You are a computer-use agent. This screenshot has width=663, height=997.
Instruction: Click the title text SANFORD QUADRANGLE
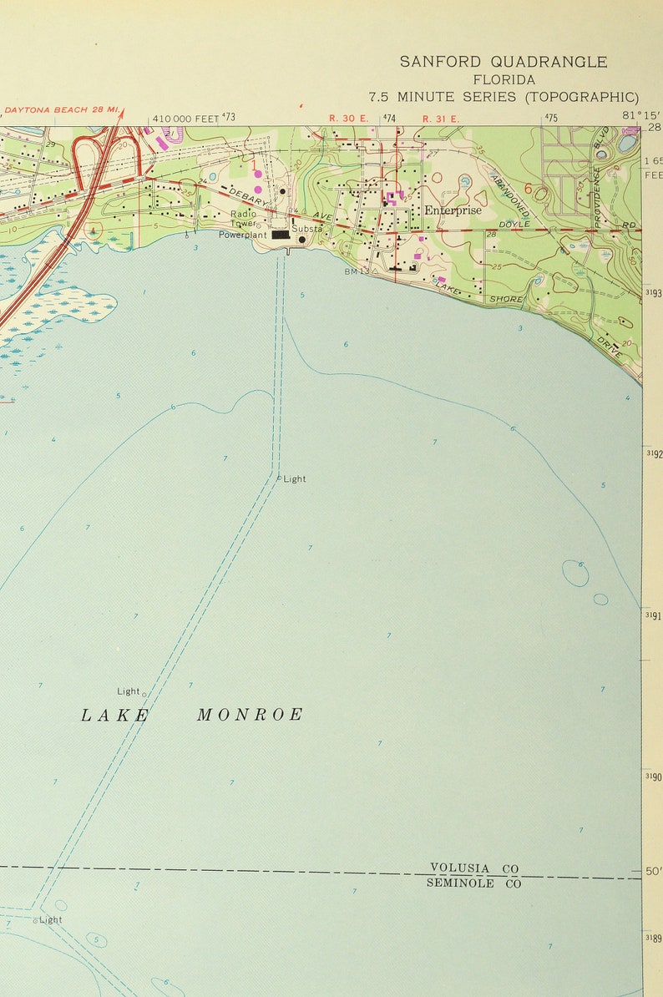(504, 62)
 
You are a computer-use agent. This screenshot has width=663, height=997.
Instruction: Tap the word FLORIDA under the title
(504, 80)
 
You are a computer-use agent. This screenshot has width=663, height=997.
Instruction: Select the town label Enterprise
(453, 210)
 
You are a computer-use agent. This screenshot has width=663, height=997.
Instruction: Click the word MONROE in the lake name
(250, 715)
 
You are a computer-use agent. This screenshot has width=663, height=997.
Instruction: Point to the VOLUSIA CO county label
(473, 868)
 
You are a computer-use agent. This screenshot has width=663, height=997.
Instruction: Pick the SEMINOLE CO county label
(473, 883)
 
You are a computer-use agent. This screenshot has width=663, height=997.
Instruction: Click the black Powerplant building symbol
(281, 235)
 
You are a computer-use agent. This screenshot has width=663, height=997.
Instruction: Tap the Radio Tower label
(244, 219)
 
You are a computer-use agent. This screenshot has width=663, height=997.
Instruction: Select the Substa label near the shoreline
(306, 229)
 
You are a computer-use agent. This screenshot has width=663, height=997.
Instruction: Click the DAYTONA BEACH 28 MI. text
(62, 110)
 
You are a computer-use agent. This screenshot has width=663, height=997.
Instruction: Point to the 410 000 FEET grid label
(185, 119)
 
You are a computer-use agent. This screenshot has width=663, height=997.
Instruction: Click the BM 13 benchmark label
(356, 272)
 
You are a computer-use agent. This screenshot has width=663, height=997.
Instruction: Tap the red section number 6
(528, 190)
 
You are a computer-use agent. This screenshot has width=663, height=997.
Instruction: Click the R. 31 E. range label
(441, 119)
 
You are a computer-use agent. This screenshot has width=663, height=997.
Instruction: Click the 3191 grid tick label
(653, 616)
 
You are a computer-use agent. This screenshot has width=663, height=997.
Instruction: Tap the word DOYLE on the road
(514, 225)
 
